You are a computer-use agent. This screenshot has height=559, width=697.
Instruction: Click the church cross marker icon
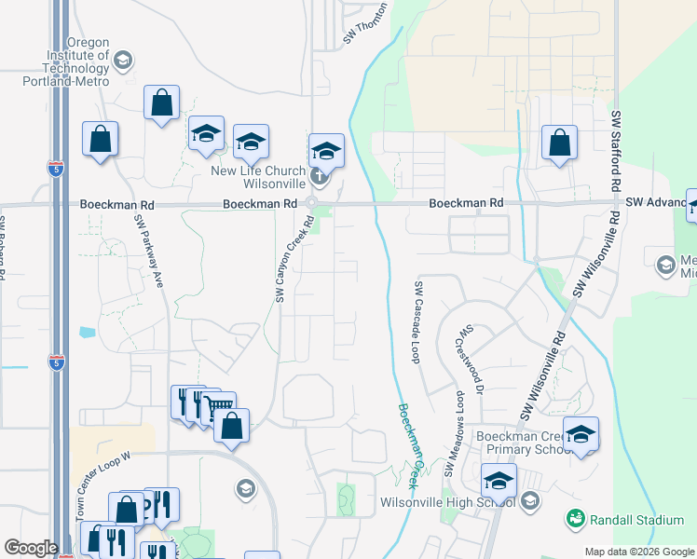[x=319, y=174]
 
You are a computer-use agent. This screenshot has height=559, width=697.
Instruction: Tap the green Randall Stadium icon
[x=574, y=517]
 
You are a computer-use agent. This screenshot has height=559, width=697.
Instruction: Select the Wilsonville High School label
[x=448, y=503]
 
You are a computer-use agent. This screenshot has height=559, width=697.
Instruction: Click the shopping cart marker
[x=218, y=406]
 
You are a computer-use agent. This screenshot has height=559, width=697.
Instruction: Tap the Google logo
[x=31, y=548]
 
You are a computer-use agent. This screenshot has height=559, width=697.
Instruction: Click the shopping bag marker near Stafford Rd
[x=559, y=143]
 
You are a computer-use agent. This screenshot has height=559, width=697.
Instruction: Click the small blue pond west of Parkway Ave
[x=88, y=331]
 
